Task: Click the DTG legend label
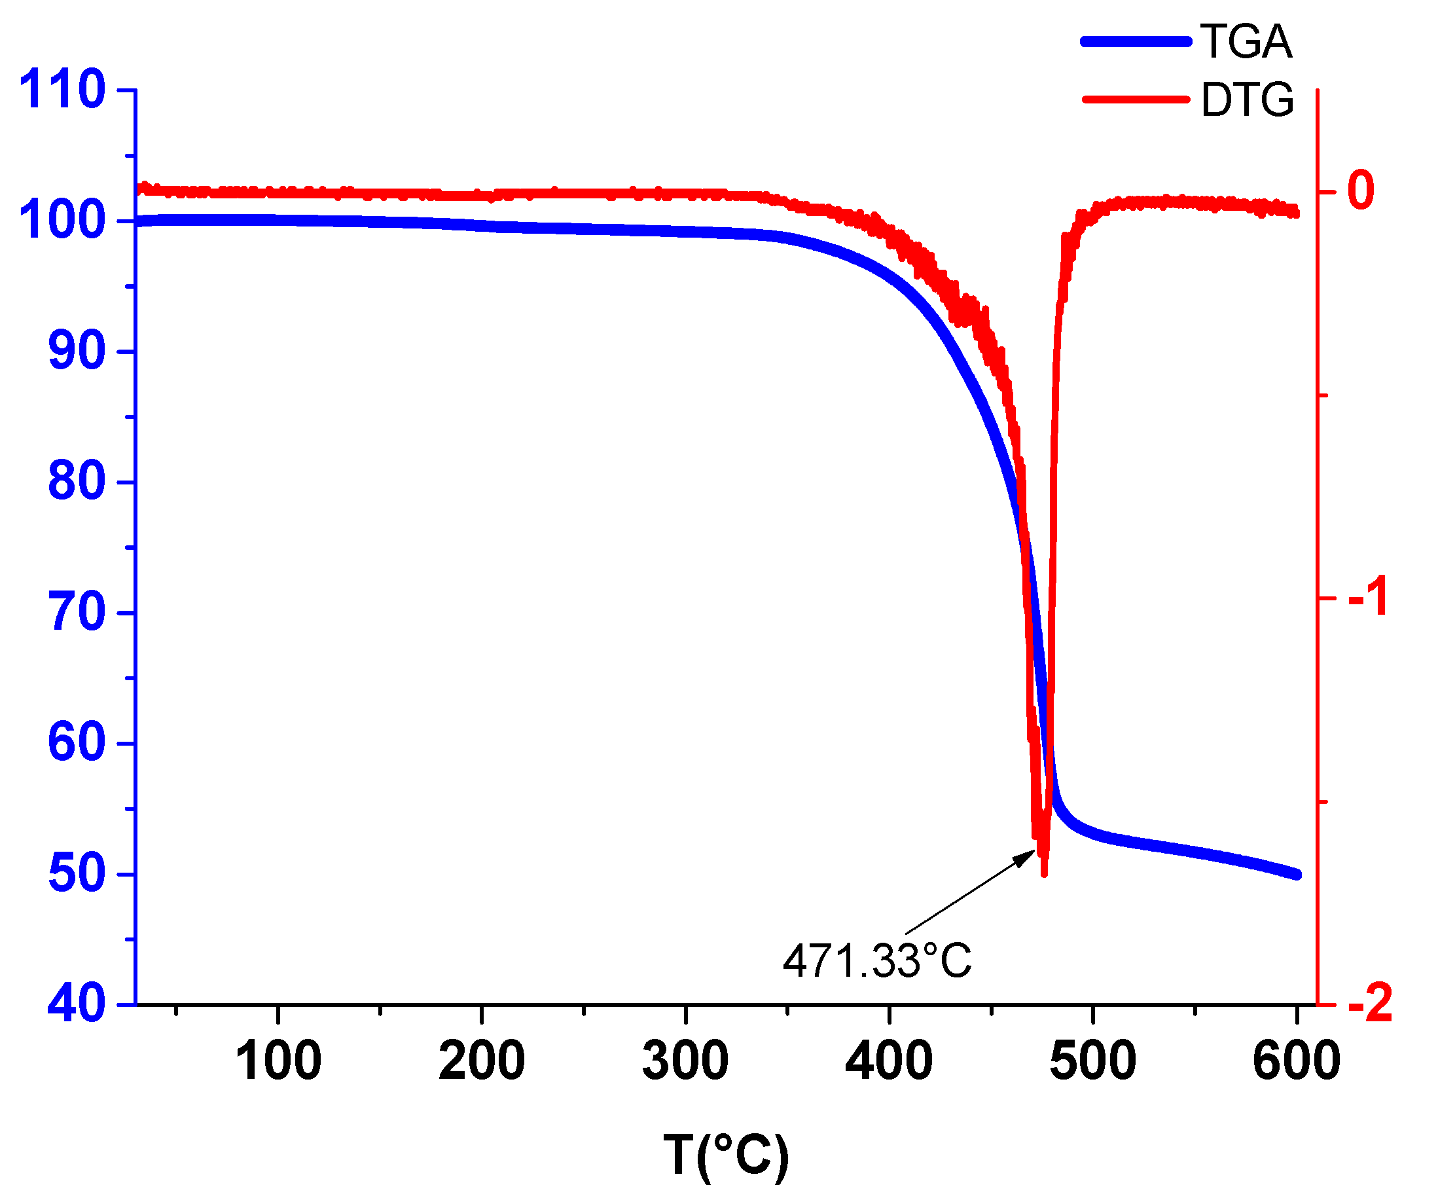1247,100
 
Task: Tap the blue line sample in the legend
1136,42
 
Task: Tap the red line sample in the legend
1136,100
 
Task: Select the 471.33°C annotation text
877,961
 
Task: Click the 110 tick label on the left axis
62,90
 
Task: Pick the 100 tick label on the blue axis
62,221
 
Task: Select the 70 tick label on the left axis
77,612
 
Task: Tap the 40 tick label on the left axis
77,1004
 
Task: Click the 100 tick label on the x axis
278,1061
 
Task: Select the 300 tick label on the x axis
685,1061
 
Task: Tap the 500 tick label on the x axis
1093,1061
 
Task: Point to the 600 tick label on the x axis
1295,1061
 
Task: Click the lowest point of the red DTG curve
1043,874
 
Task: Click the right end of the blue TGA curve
1296,875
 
